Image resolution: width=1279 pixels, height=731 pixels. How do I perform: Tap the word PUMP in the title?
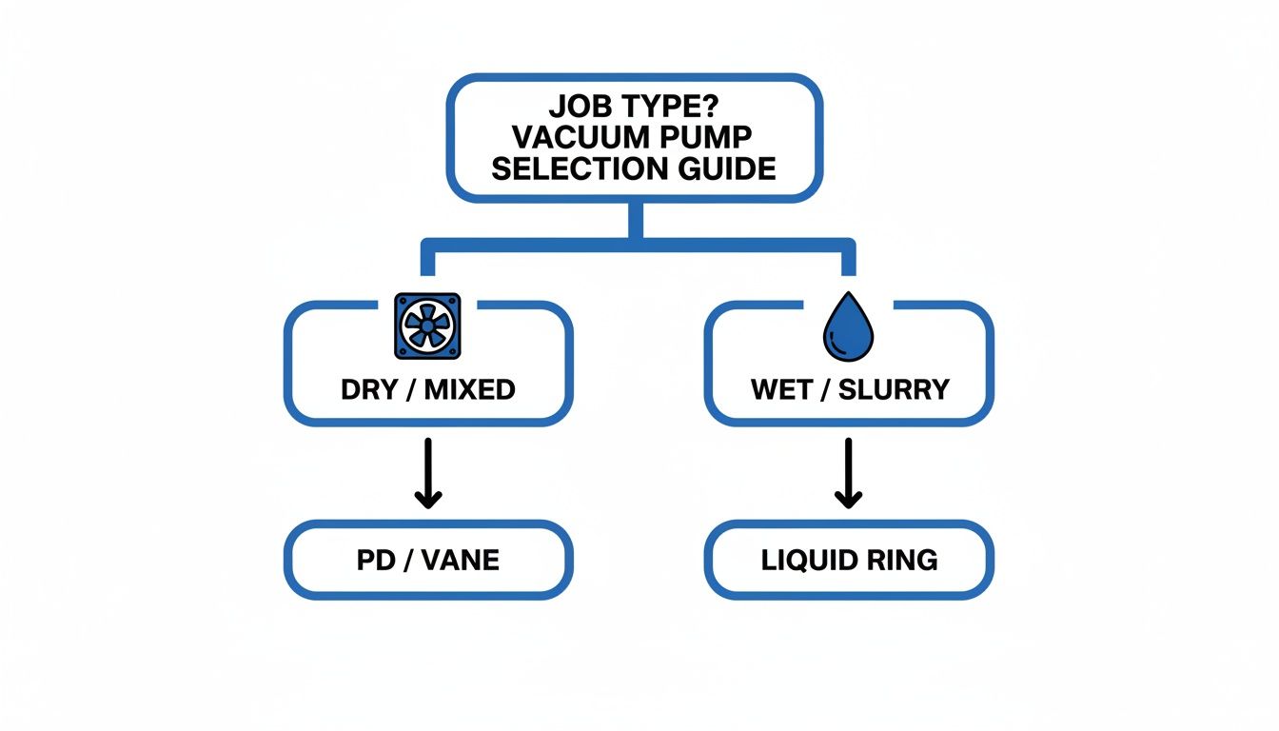click(x=709, y=136)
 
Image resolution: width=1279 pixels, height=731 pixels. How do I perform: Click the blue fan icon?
click(x=426, y=326)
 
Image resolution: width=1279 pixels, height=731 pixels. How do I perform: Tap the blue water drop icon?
click(x=847, y=328)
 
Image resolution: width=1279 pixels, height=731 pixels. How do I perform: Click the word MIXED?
click(x=470, y=389)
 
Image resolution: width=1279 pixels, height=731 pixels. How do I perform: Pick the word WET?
click(x=783, y=389)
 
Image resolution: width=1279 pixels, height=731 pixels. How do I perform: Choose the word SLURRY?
click(x=895, y=389)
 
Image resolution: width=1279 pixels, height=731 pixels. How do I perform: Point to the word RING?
click(x=903, y=560)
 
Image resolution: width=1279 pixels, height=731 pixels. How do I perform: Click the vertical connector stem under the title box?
click(x=636, y=221)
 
